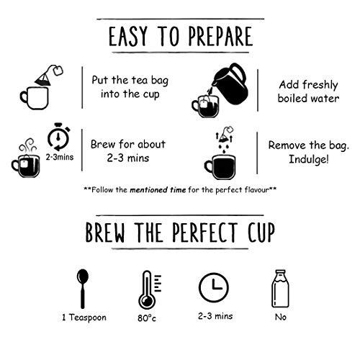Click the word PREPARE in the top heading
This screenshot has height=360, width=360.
click(x=220, y=36)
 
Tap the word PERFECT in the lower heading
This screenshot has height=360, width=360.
click(x=204, y=232)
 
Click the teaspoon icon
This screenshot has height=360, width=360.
click(x=83, y=289)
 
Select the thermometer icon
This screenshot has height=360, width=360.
click(x=149, y=289)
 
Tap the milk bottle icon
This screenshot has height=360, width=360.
click(x=280, y=289)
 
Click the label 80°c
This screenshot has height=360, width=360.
click(x=147, y=318)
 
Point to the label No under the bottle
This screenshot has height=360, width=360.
click(x=281, y=318)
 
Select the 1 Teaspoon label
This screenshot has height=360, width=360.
click(x=84, y=318)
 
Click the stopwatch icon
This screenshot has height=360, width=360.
click(x=58, y=137)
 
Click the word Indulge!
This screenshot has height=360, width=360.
click(x=309, y=159)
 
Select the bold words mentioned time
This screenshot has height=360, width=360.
click(x=158, y=190)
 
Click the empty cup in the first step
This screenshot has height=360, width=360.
click(x=35, y=99)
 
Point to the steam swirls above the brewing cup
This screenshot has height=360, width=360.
click(x=28, y=145)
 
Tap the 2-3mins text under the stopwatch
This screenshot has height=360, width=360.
click(x=60, y=157)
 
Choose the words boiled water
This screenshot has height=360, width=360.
click(x=309, y=99)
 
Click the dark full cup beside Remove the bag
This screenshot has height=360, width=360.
click(x=220, y=167)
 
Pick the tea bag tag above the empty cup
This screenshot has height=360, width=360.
click(x=58, y=71)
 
